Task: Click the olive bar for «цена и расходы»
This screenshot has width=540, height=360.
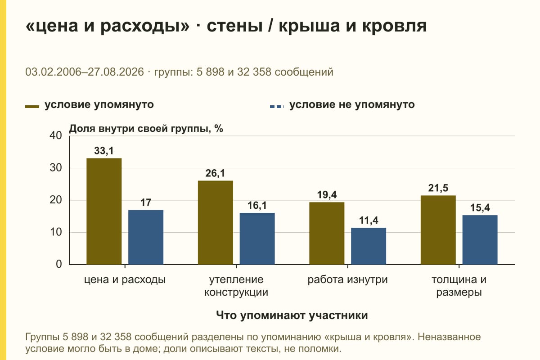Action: [104, 211]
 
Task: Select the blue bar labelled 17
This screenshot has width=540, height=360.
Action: [146, 237]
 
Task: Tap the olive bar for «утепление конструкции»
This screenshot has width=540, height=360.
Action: [215, 223]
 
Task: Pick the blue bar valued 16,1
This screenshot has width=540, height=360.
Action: [257, 238]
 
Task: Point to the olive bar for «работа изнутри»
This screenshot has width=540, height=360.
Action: [327, 234]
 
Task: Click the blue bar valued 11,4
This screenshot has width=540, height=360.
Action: [369, 246]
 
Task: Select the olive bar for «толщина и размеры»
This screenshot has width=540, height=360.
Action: [438, 230]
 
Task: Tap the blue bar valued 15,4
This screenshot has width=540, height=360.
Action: [480, 240]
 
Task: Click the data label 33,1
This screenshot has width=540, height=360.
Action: [103, 151]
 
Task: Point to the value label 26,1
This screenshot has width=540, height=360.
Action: [215, 173]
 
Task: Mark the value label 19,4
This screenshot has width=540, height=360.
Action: [327, 195]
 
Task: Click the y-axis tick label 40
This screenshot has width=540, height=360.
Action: [56, 135]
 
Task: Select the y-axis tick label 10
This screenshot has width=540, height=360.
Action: [56, 232]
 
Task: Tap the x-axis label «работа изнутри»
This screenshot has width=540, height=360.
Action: [347, 280]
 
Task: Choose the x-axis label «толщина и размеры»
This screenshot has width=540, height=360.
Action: [459, 286]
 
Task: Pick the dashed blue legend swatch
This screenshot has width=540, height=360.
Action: [277, 107]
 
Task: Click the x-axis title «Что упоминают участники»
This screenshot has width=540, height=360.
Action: [292, 315]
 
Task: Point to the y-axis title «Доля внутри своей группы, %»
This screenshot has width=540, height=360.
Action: [146, 129]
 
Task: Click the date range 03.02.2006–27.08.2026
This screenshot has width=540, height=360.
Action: [85, 72]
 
